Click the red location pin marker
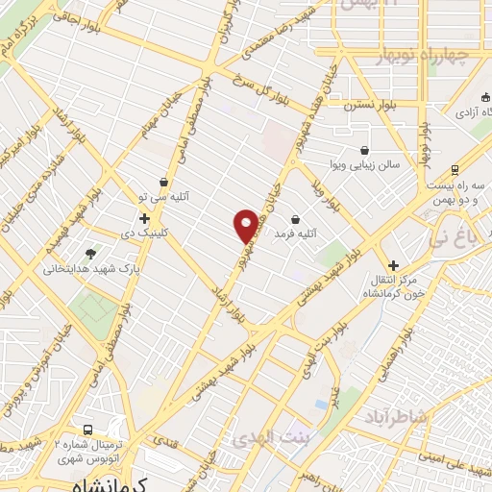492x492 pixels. click(246, 225)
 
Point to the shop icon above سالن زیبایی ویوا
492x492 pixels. click(364, 150)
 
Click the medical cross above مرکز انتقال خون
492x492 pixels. click(392, 264)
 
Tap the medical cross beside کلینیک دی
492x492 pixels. click(144, 218)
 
